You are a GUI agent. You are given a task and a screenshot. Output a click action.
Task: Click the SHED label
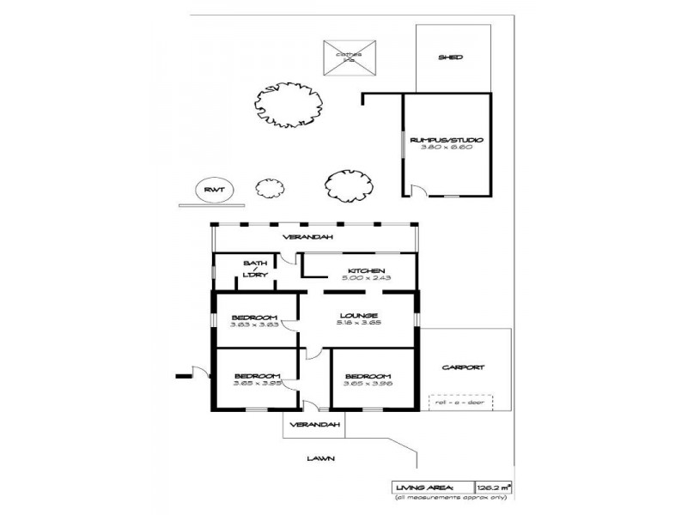[450, 58]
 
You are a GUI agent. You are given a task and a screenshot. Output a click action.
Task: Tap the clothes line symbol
[350, 57]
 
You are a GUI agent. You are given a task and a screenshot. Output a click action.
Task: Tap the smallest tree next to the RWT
[269, 189]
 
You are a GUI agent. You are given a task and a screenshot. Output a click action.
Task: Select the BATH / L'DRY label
[255, 269]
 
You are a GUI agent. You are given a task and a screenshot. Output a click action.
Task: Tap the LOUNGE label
[360, 316]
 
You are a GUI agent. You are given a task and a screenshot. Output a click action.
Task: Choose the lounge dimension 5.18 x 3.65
[360, 324]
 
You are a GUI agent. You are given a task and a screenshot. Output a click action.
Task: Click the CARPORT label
[463, 367]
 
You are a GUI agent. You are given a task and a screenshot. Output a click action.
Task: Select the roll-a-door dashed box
[461, 402]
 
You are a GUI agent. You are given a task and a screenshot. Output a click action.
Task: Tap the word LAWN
[320, 458]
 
